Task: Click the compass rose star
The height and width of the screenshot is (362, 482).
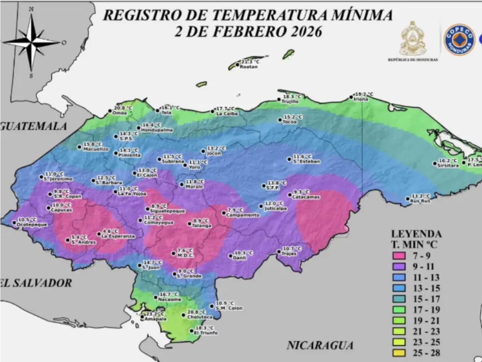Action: [32, 41]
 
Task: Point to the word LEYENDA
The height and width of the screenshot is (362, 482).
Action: [416, 234]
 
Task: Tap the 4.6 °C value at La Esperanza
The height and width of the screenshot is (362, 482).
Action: [110, 231]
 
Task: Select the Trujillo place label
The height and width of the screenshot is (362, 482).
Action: [290, 102]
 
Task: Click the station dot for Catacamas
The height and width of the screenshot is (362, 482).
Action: [290, 195]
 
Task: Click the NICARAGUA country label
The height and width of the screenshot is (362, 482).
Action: [320, 345]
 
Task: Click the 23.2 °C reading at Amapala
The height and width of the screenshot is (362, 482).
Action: [155, 314]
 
